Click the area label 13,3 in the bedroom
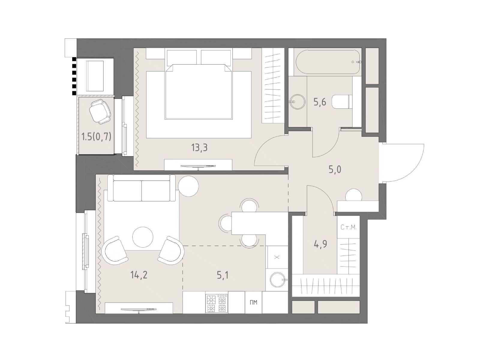coord(199,148)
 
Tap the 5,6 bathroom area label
coord(320,102)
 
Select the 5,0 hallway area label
coord(335,169)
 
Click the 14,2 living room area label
coord(139,275)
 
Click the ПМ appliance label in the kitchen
coord(253,302)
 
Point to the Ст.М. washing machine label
coord(349,227)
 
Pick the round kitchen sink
coord(278,280)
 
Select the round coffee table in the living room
coord(143,237)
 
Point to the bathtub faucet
coord(357,62)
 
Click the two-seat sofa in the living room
coord(142,188)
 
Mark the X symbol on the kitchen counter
coord(277,257)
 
